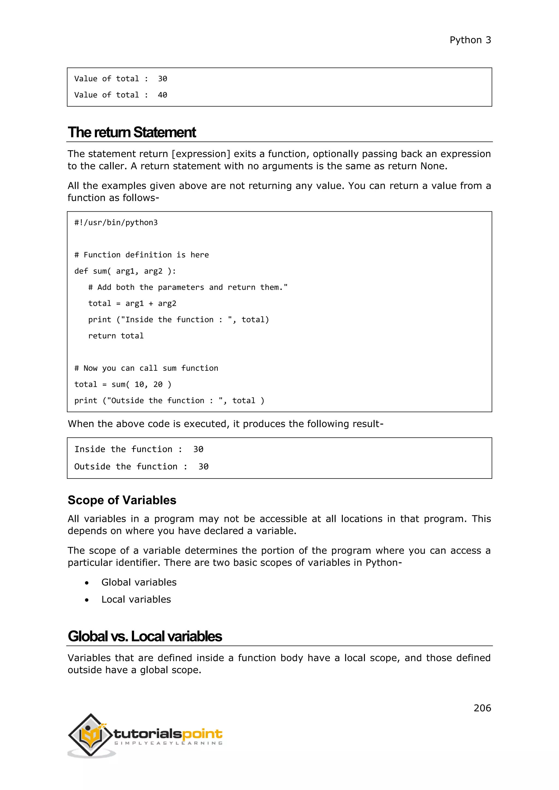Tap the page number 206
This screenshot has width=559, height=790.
coord(482,708)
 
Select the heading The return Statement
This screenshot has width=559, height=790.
coord(132,133)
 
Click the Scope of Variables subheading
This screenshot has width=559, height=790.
coord(122,500)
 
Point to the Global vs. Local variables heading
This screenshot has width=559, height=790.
coord(145,636)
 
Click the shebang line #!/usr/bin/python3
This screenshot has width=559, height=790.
coord(116,223)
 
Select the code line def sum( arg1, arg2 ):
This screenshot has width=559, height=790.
coord(125,271)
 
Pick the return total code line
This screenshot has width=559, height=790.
coord(116,336)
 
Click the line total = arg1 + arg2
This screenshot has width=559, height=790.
coord(132,303)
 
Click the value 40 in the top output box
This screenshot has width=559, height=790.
coord(162,95)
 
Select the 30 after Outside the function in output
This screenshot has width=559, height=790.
coord(203,466)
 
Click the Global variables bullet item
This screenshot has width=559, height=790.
coord(139,582)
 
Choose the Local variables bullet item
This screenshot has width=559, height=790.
coord(136,599)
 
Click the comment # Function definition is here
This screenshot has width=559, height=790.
coord(141,255)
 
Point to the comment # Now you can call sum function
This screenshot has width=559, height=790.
coord(146,368)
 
